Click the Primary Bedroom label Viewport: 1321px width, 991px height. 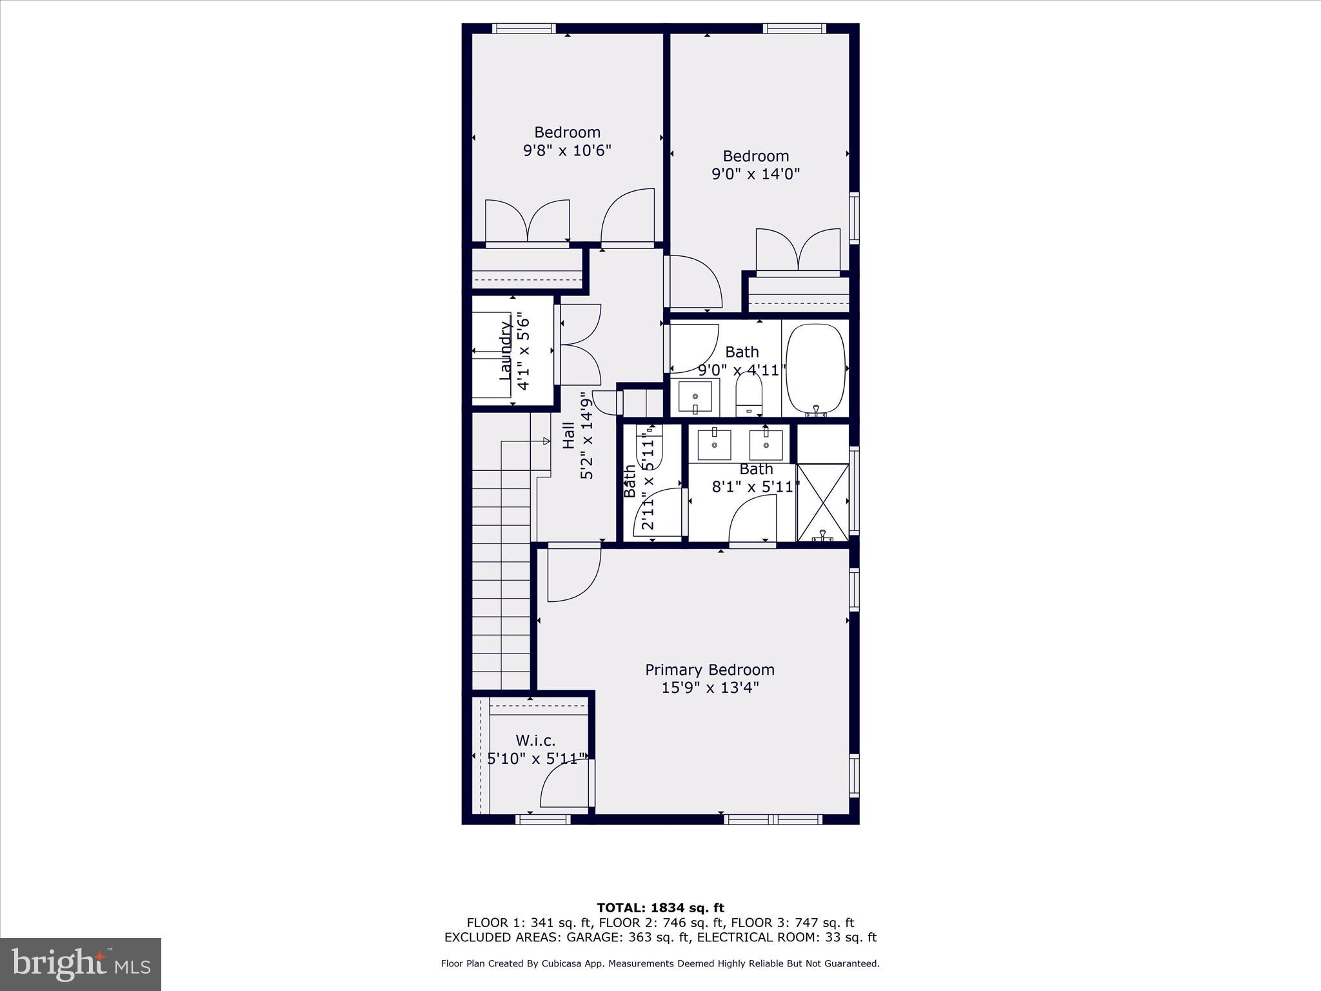coord(710,670)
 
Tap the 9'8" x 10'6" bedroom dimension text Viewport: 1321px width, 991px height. coord(567,150)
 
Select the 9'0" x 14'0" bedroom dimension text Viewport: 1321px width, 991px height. coord(755,174)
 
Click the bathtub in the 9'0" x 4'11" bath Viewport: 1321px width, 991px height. coord(816,369)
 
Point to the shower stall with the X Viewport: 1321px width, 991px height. coord(823,502)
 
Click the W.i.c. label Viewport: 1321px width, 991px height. coord(535,741)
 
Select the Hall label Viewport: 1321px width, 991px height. coord(569,435)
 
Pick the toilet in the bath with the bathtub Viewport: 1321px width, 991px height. coord(749,394)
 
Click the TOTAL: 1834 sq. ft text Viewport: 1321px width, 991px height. coord(660,908)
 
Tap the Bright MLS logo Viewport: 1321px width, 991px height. coord(81,965)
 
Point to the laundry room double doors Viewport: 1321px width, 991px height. coord(579,345)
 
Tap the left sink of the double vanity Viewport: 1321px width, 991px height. coord(714,445)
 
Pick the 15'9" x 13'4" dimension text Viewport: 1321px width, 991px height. coord(710,688)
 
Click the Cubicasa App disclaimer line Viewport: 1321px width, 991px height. coord(660,964)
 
